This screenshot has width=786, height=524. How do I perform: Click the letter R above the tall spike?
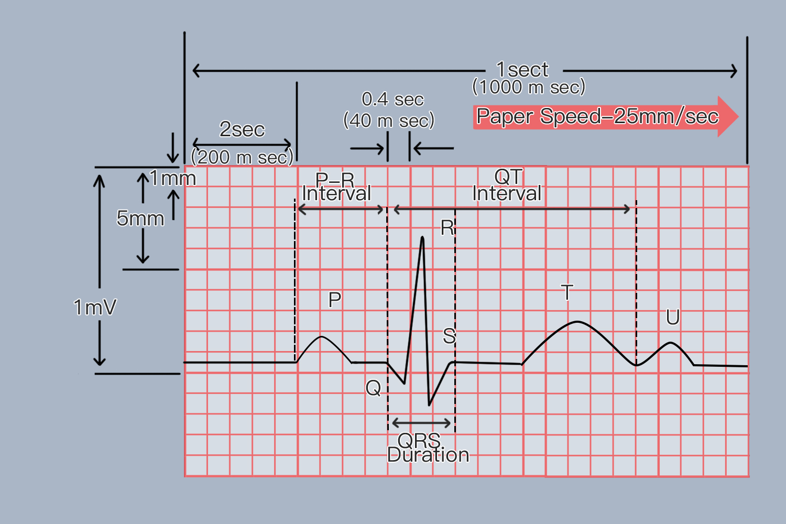(447, 227)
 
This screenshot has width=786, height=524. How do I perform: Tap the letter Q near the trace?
(373, 388)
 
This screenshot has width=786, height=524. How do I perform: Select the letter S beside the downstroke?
(449, 335)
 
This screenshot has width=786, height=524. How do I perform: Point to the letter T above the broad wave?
(567, 292)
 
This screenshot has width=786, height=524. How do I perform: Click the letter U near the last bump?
(673, 317)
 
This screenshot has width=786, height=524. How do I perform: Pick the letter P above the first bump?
(334, 299)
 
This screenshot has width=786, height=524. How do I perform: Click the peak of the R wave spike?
(422, 237)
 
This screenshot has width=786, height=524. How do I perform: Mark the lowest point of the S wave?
(429, 406)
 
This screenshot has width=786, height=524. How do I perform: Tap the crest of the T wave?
(577, 322)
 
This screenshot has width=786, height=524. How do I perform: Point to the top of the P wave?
(321, 337)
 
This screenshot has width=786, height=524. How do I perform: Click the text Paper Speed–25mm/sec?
(597, 116)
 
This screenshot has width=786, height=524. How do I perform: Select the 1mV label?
(95, 307)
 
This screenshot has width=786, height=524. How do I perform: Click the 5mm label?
(140, 218)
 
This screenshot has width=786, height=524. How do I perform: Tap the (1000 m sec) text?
(529, 86)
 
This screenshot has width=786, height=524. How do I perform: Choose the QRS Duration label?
(428, 447)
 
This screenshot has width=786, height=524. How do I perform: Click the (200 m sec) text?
(242, 157)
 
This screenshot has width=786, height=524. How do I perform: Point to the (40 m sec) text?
(389, 121)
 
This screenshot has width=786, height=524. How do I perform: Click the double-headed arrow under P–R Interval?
(341, 210)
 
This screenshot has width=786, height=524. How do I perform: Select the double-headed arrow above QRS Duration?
(421, 423)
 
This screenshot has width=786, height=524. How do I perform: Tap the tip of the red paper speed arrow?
(739, 116)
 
